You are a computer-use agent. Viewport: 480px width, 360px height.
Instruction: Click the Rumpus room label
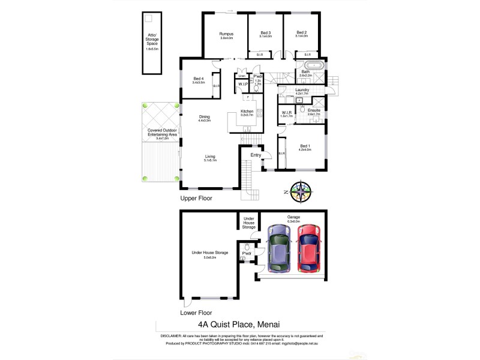pyautogui.click(x=226, y=34)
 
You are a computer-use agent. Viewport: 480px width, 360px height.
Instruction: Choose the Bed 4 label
pyautogui.click(x=199, y=79)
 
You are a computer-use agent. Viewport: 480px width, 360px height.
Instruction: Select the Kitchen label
pyautogui.click(x=247, y=112)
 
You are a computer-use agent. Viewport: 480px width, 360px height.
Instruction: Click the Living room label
pyautogui.click(x=210, y=157)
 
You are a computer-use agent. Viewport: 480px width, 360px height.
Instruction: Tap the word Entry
pyautogui.click(x=256, y=155)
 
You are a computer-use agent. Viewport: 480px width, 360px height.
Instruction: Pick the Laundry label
pyautogui.click(x=302, y=90)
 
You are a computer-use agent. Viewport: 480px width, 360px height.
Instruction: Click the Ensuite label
pyautogui.click(x=314, y=110)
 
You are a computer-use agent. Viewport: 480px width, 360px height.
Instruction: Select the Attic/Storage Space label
pyautogui.click(x=153, y=40)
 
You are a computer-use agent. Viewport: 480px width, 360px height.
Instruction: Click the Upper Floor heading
pyautogui.click(x=196, y=197)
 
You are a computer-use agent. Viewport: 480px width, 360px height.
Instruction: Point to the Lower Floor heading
pyautogui.click(x=196, y=313)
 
